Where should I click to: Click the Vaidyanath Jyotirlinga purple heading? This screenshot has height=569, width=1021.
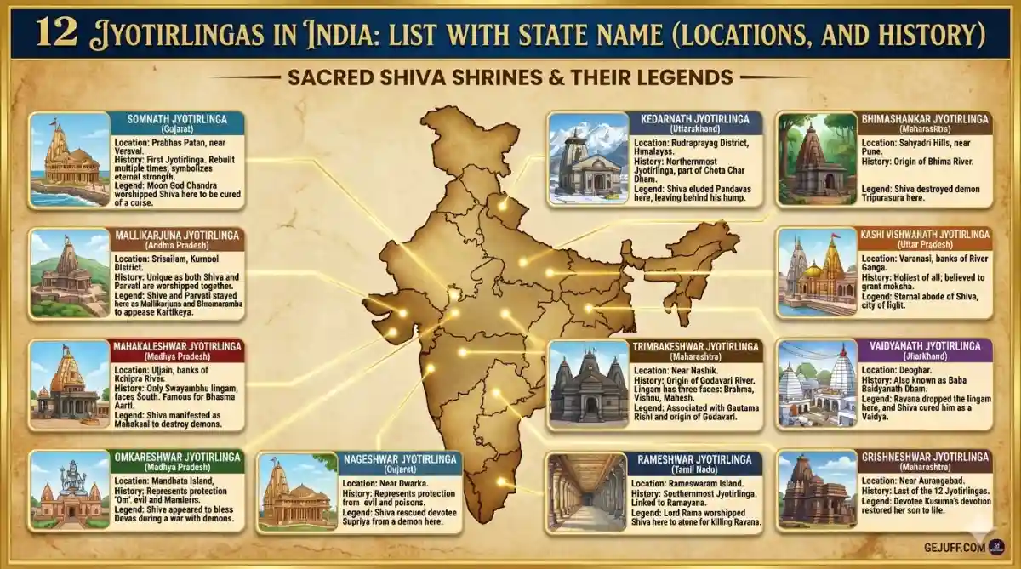pos(925,346)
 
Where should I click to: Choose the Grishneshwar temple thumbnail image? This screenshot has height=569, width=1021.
pos(818,491)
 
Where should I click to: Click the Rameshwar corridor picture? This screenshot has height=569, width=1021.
pos(586,492)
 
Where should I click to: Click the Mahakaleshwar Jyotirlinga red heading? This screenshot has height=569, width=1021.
pos(177,346)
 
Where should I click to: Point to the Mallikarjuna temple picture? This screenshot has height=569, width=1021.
pos(70,272)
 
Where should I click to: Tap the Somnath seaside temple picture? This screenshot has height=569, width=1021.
pos(71,159)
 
